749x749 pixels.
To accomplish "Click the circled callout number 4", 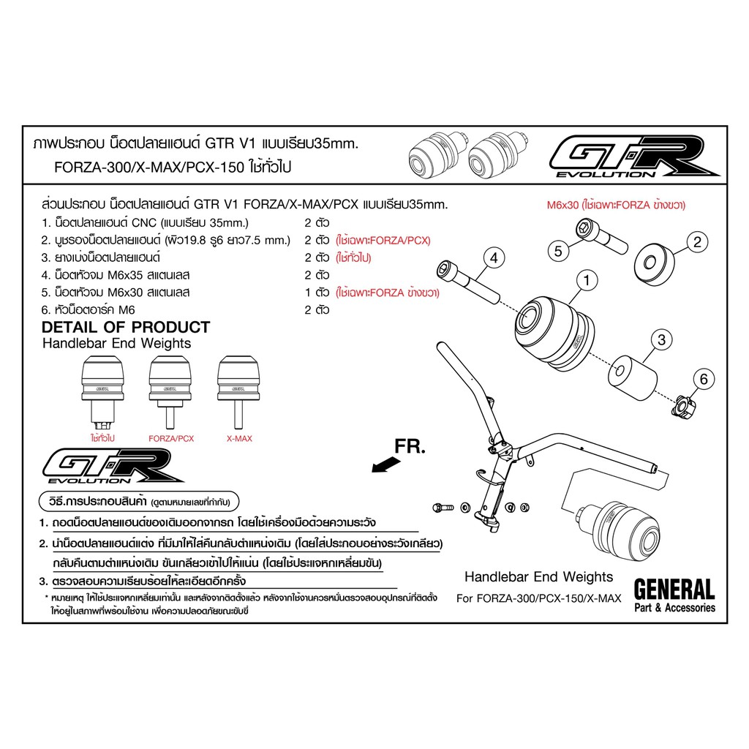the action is point(494,258).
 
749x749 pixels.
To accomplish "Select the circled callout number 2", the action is point(697,241).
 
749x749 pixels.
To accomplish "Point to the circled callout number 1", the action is point(587,280).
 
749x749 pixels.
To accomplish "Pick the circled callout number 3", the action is point(661,339).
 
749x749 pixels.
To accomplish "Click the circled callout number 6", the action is point(704,380).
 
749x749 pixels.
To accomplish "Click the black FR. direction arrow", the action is point(386,464).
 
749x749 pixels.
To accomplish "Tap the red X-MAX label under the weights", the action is point(239,439).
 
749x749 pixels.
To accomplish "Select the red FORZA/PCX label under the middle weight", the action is point(171,439).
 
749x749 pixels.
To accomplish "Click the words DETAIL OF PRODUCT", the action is point(126,327).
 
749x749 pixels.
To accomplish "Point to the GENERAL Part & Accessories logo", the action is point(674,595).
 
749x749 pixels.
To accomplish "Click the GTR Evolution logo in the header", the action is point(634,157).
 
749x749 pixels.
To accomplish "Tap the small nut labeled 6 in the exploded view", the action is point(684,407).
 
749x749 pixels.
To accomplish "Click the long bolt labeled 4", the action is point(467,281).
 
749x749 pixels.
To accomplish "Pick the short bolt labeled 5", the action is point(601,236).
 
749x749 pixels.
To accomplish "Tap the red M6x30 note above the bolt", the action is point(616,205).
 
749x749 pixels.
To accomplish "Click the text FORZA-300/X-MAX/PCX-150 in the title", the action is point(148,168).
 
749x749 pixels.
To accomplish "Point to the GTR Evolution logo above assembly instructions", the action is point(113,466).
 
